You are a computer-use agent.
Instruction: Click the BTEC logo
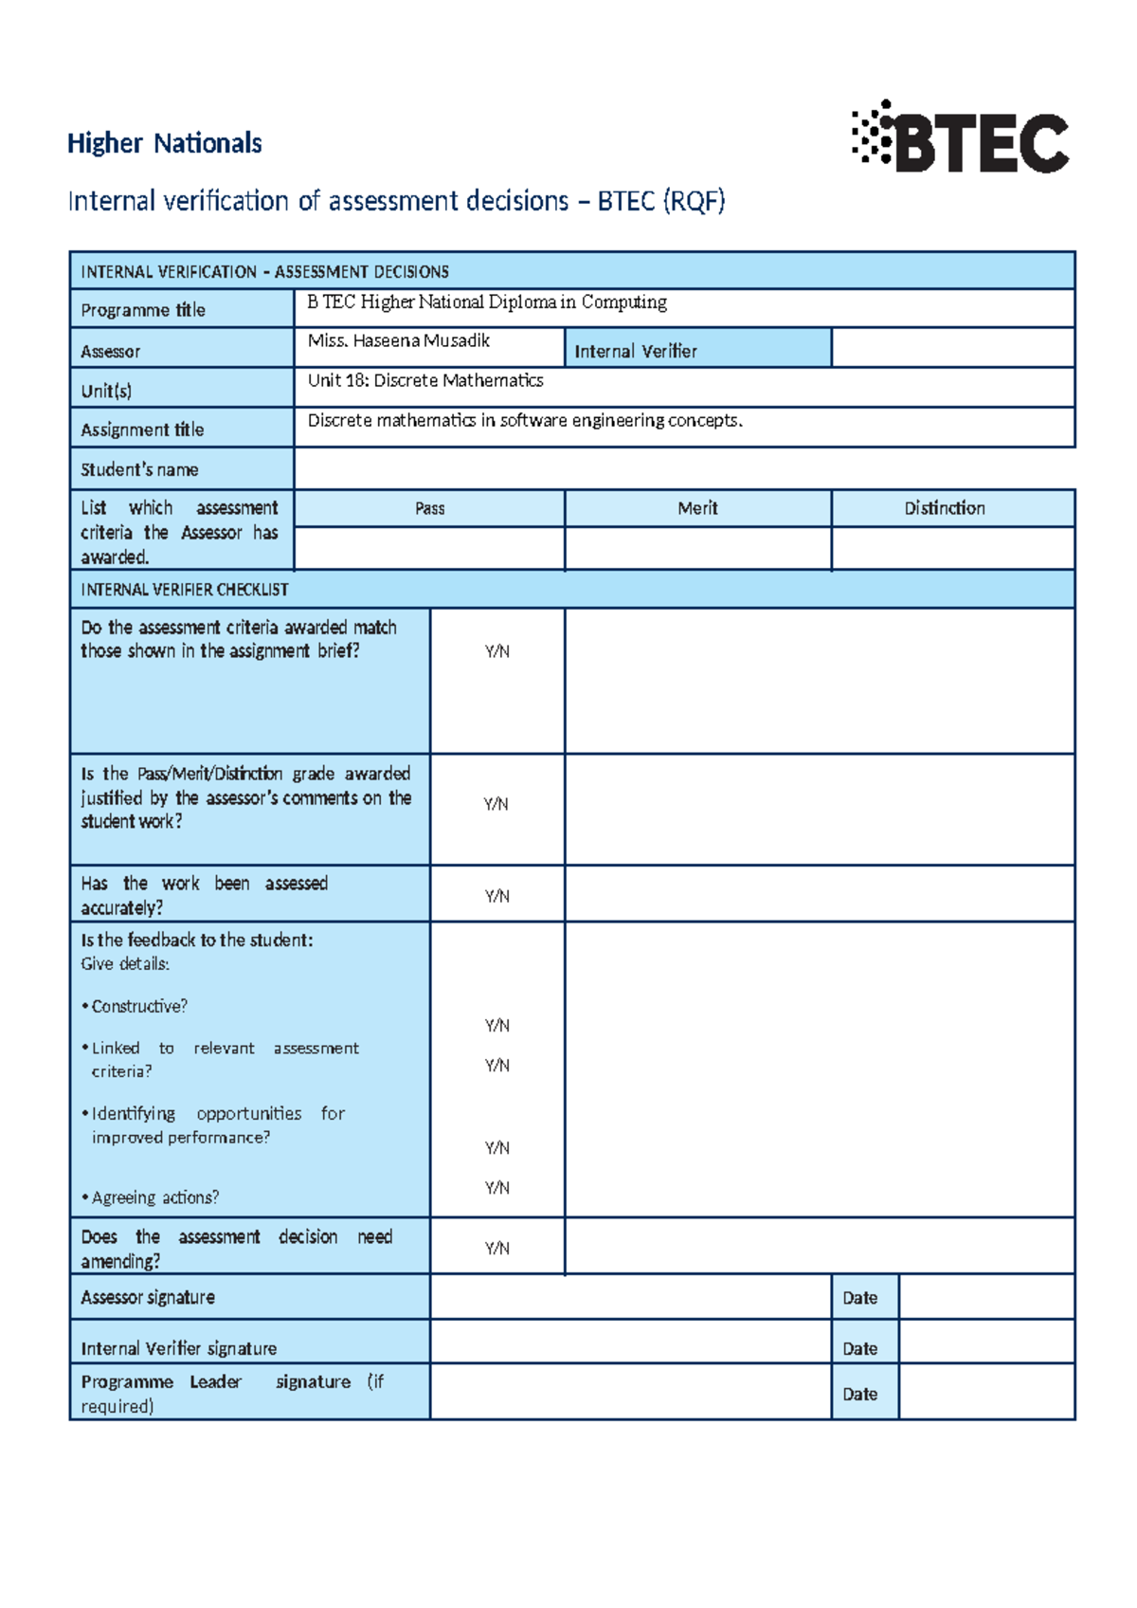click(960, 139)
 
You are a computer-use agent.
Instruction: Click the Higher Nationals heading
click(164, 143)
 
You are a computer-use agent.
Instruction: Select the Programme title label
click(143, 310)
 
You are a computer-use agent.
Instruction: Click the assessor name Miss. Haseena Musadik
click(398, 340)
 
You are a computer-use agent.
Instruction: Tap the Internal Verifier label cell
click(636, 351)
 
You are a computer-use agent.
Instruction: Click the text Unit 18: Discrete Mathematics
click(425, 380)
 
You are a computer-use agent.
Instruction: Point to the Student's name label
click(139, 469)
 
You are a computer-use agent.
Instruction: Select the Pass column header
click(429, 508)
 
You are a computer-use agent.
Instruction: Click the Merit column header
click(697, 508)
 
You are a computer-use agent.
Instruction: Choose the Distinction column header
click(944, 508)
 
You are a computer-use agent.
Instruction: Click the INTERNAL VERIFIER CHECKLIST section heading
click(185, 590)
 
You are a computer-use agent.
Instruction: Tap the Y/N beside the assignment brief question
click(496, 651)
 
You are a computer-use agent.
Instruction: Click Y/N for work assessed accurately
click(496, 896)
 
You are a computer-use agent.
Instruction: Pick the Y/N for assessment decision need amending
click(496, 1249)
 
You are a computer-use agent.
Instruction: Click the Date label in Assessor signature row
click(859, 1298)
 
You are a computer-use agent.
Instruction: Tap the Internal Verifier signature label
click(179, 1348)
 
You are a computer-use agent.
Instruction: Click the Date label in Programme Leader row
click(859, 1395)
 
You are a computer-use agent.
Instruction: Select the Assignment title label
click(142, 429)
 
